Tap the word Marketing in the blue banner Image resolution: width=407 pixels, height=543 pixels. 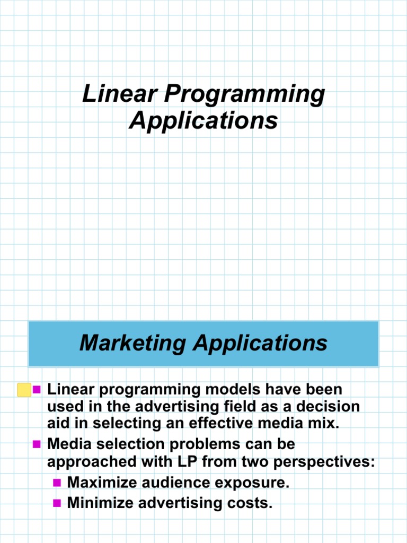[133, 343]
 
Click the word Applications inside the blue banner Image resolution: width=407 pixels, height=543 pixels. [260, 343]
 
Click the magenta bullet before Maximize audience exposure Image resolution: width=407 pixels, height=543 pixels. [58, 483]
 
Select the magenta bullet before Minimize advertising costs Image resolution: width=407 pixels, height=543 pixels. [58, 502]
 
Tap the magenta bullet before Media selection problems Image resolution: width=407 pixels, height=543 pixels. [37, 443]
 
